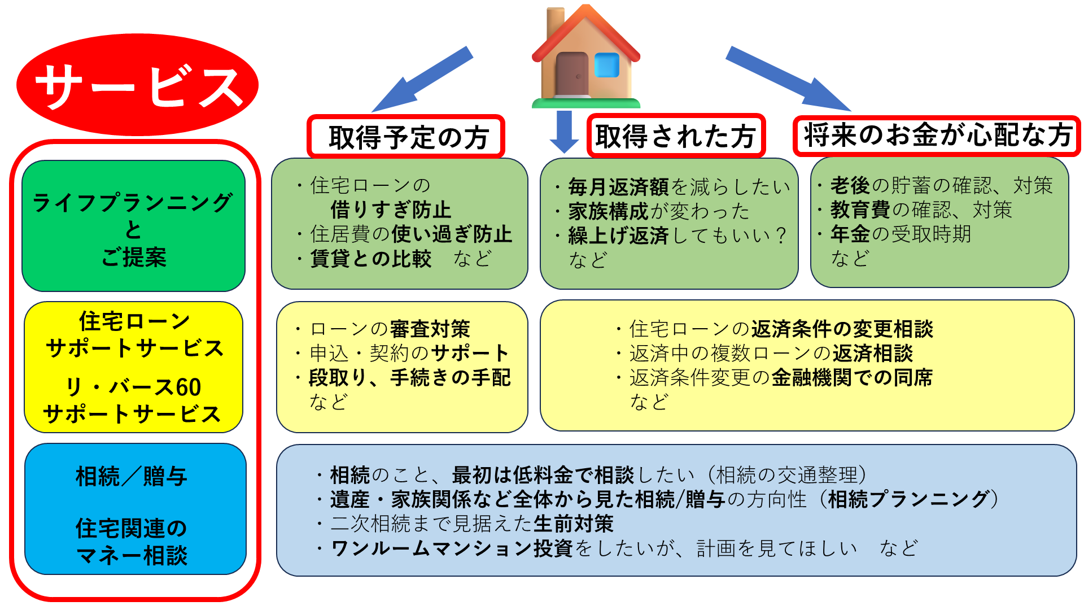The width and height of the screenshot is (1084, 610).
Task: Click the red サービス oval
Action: [137, 85]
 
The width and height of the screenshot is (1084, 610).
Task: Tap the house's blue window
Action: [607, 65]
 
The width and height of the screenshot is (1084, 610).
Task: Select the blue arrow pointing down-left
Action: [422, 79]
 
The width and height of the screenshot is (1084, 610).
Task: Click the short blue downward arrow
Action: [564, 132]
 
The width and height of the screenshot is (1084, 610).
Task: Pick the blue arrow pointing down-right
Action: [788, 79]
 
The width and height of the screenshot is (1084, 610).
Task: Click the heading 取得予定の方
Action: [406, 137]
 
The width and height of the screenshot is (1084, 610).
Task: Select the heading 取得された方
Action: [676, 136]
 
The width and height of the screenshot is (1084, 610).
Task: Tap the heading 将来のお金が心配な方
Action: [937, 135]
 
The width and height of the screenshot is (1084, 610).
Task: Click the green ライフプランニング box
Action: [133, 226]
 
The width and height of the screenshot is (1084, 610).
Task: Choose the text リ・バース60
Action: [133, 387]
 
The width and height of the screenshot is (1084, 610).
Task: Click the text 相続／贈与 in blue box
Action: [132, 476]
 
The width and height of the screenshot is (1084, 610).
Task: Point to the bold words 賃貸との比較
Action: [371, 259]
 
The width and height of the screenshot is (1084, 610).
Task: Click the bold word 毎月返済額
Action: [618, 186]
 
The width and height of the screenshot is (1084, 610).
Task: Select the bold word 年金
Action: [850, 233]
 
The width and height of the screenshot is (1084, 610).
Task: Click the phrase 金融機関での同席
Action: [852, 377]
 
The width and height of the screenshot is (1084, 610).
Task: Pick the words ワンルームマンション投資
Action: [452, 548]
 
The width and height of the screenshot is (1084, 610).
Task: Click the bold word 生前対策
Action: [574, 524]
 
